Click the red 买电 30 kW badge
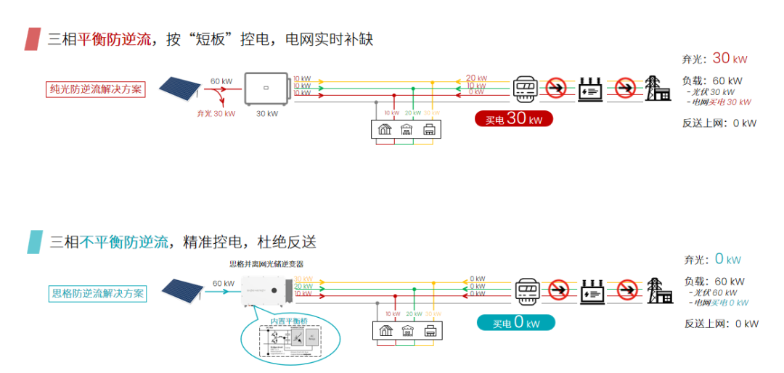coord(513,119)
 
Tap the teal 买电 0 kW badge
coord(515,323)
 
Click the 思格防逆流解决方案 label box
coord(98,293)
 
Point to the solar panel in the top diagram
coord(179,89)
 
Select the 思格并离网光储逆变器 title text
coord(266,264)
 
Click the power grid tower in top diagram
coord(658,88)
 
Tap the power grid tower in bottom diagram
coord(658,290)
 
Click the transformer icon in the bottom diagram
coord(591,290)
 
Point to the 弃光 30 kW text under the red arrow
coord(216,113)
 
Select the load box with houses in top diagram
coord(407,128)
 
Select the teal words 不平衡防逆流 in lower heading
coord(123,242)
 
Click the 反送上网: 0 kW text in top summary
coord(719,123)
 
